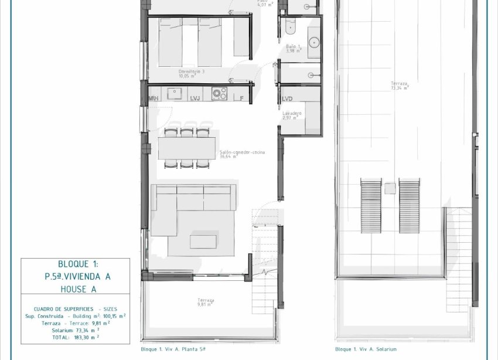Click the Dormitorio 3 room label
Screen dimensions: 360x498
tap(191, 73)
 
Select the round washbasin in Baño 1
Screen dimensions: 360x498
tap(314, 42)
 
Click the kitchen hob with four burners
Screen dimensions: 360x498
tap(219, 94)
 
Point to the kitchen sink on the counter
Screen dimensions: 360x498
tap(174, 93)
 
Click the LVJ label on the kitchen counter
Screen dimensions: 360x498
tap(196, 98)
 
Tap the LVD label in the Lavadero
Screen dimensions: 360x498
tap(287, 99)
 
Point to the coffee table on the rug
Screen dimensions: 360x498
tap(203, 242)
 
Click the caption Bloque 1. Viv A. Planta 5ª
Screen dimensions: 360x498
tap(173, 348)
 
